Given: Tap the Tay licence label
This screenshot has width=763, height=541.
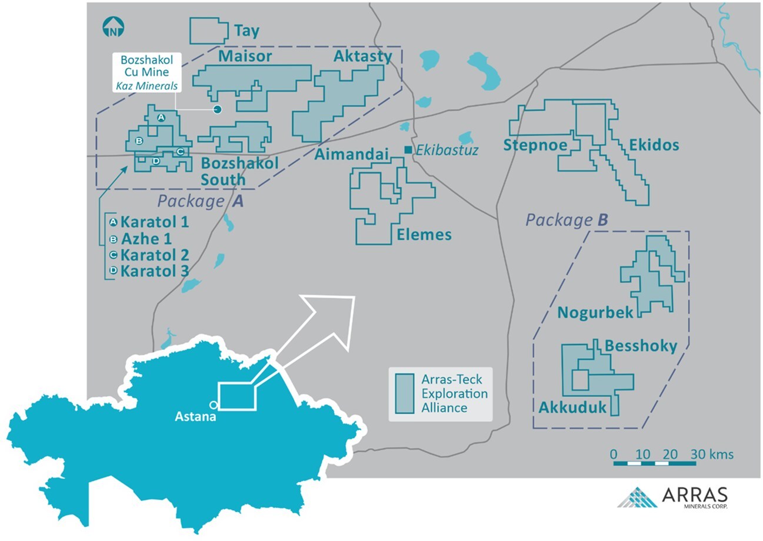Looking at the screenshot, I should click(x=246, y=31).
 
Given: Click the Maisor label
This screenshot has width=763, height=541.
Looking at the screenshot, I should click(x=245, y=56).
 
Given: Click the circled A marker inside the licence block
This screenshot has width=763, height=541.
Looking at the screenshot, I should click(x=161, y=118).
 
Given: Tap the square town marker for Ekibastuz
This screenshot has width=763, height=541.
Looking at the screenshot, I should click(x=408, y=150).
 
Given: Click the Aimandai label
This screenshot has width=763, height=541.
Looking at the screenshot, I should click(x=352, y=155).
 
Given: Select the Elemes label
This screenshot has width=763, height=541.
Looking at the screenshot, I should click(x=424, y=235).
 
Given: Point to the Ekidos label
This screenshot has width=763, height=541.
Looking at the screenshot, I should click(x=654, y=145).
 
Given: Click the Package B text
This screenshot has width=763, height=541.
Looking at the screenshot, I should click(x=567, y=221).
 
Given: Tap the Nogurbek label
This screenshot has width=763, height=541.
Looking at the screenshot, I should click(x=595, y=312).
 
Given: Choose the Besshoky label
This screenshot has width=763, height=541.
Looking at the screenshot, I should click(x=641, y=346).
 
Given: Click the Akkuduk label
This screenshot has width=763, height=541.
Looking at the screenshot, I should click(x=572, y=407).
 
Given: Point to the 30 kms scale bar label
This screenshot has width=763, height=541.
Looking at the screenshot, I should click(x=712, y=455).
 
